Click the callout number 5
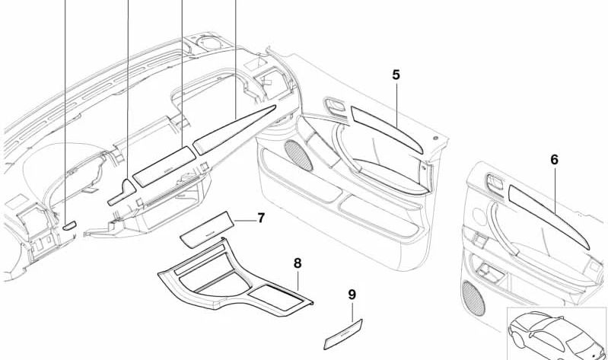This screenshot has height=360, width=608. pos(396,75)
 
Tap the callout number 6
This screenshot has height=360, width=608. pos(554,160)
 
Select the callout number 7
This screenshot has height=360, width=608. pos(260,218)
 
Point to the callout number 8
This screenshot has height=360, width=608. pos(298,263)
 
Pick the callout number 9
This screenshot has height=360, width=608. pos(352,294)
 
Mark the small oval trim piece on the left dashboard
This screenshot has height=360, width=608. pos(68,225)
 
